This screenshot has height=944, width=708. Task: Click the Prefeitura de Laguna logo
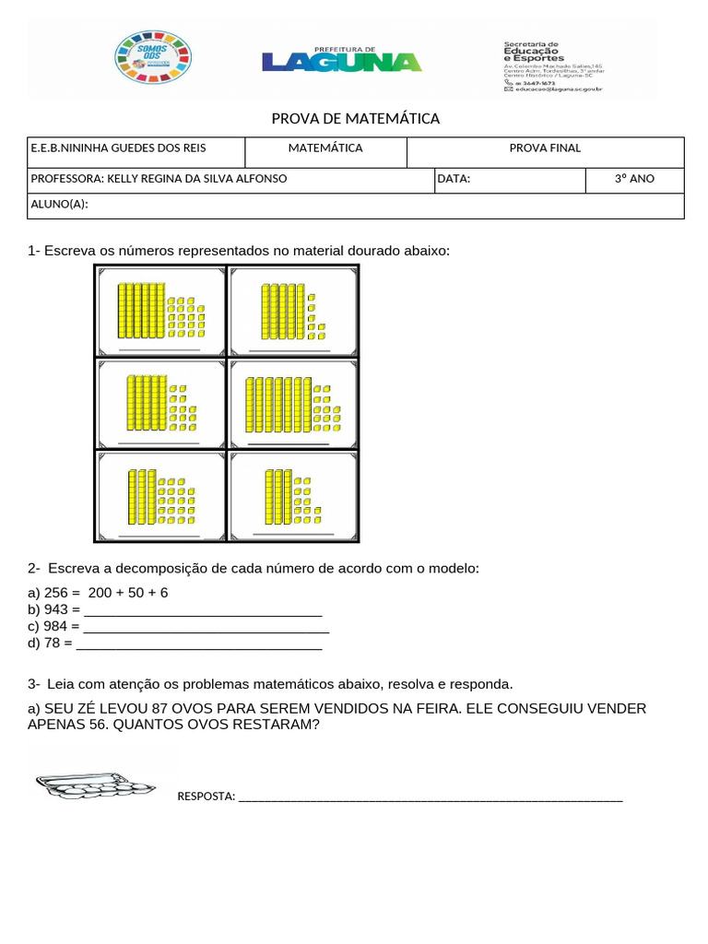pos(342,60)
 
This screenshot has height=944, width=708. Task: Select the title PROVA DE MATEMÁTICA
pos(355,119)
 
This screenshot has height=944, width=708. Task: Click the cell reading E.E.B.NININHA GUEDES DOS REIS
pos(118,148)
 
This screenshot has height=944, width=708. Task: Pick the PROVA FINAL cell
pos(545,148)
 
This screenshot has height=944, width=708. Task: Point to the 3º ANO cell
pos(634,179)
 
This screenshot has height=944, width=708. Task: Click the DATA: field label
pos(454,179)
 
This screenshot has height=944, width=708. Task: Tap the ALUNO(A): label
pos(59,205)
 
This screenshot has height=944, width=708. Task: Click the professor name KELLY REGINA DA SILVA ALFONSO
pos(159,179)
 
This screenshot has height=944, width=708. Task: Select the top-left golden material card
pos(161,311)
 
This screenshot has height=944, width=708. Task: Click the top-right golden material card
pos(294,311)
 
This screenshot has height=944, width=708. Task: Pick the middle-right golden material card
pos(294,404)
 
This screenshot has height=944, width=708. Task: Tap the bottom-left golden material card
pos(161,495)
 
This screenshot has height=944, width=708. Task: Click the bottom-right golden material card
pos(294,495)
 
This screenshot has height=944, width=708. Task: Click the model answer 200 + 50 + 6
pos(128,593)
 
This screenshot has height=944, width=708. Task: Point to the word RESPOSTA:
pos(206,796)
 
